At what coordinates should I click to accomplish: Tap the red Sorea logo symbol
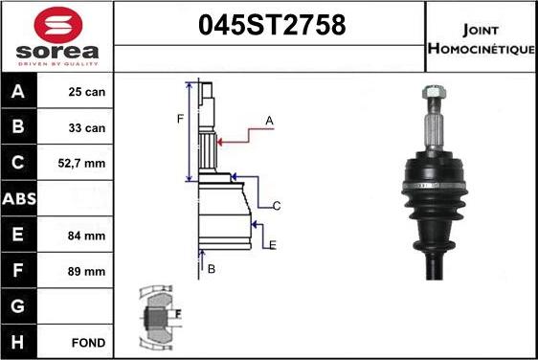(x=56, y=23)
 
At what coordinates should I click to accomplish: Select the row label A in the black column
(x=18, y=93)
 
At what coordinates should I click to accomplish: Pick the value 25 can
(x=86, y=93)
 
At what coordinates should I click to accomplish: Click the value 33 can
(x=86, y=128)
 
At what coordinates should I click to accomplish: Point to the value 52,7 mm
(x=82, y=164)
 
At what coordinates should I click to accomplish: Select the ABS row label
(x=18, y=199)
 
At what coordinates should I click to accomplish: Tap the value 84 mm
(x=85, y=236)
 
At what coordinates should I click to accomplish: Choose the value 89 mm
(x=85, y=271)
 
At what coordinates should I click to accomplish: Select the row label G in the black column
(x=18, y=306)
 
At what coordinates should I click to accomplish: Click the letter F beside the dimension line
(x=179, y=119)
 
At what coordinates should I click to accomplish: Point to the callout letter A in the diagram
(x=270, y=121)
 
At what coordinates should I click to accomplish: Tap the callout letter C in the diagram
(x=276, y=206)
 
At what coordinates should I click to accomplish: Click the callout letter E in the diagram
(x=272, y=246)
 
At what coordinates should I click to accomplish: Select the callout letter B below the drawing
(x=212, y=270)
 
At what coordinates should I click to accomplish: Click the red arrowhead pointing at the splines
(x=222, y=142)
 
